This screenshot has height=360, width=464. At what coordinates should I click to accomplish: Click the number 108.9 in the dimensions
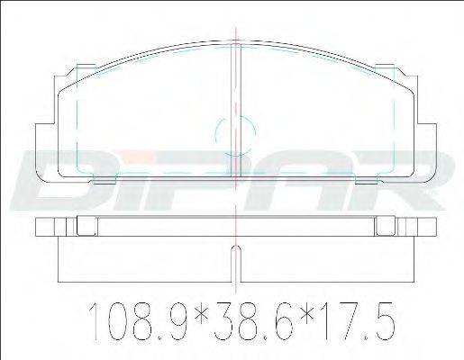pos(139,321)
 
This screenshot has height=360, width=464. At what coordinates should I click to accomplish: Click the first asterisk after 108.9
pos(201,315)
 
